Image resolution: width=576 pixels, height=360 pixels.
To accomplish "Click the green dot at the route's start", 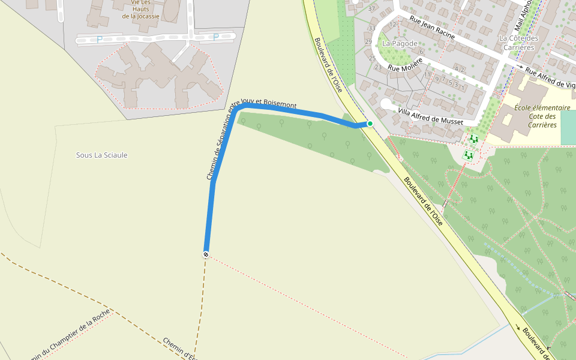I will [x=370, y=124].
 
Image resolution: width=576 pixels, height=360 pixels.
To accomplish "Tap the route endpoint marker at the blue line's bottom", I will [x=206, y=255].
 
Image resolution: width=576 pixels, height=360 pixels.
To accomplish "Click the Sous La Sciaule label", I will [x=101, y=155].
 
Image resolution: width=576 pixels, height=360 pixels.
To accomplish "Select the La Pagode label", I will [x=400, y=43].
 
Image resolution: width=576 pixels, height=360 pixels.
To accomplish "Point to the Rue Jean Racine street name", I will [x=432, y=28].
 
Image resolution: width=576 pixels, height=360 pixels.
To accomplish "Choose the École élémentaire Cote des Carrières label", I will [x=542, y=116].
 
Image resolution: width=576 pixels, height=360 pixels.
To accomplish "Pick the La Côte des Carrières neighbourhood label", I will [x=519, y=43].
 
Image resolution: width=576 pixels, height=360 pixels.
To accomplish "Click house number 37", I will [x=372, y=9].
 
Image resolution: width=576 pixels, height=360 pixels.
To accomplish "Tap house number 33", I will [x=372, y=28].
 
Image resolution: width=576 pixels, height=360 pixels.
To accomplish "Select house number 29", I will [x=368, y=41].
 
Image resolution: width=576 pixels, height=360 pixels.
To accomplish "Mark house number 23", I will [x=378, y=67].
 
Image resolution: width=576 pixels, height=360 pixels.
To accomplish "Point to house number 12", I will [x=393, y=25].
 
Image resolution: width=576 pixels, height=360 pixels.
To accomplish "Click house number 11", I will [x=427, y=75].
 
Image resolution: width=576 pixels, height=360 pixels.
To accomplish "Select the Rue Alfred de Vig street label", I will [x=550, y=78].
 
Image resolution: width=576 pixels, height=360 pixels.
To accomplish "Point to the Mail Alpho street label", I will [x=523, y=15].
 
